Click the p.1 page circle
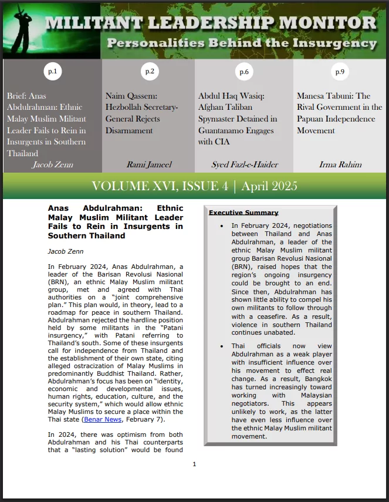(52, 72)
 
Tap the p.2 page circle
(150, 72)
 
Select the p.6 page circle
(243, 72)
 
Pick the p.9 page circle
(340, 72)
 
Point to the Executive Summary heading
(243, 213)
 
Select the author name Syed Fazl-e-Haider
(243, 164)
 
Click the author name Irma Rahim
(340, 164)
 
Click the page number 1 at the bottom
(194, 464)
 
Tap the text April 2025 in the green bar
(269, 187)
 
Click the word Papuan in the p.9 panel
(315, 119)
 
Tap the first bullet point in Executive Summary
(221, 225)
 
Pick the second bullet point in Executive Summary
(221, 346)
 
